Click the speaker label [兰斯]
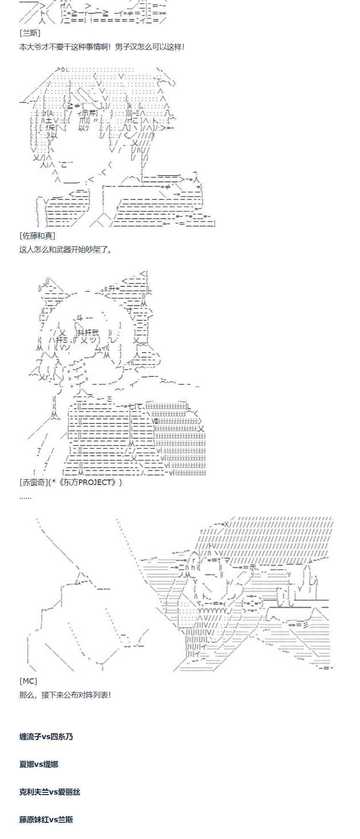(30, 33)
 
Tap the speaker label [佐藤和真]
(37, 236)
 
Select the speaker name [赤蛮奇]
(34, 482)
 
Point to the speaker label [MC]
(28, 681)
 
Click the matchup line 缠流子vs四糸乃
(46, 737)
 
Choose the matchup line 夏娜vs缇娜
(39, 764)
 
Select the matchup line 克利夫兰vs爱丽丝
(50, 792)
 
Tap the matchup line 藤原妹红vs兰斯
(46, 820)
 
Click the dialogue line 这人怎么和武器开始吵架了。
(66, 250)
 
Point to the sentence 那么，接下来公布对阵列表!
(65, 695)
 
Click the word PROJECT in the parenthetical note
(94, 482)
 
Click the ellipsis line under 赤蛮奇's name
(25, 497)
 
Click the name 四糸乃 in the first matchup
(62, 737)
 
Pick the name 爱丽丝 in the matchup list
(69, 792)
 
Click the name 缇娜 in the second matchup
(51, 764)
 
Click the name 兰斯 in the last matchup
(65, 820)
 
